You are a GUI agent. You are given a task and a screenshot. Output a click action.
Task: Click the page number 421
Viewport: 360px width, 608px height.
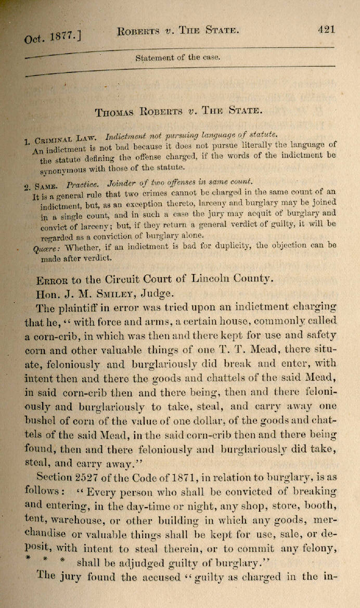click(326, 29)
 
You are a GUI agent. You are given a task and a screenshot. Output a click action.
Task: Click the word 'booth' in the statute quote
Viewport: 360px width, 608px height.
click(317, 503)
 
